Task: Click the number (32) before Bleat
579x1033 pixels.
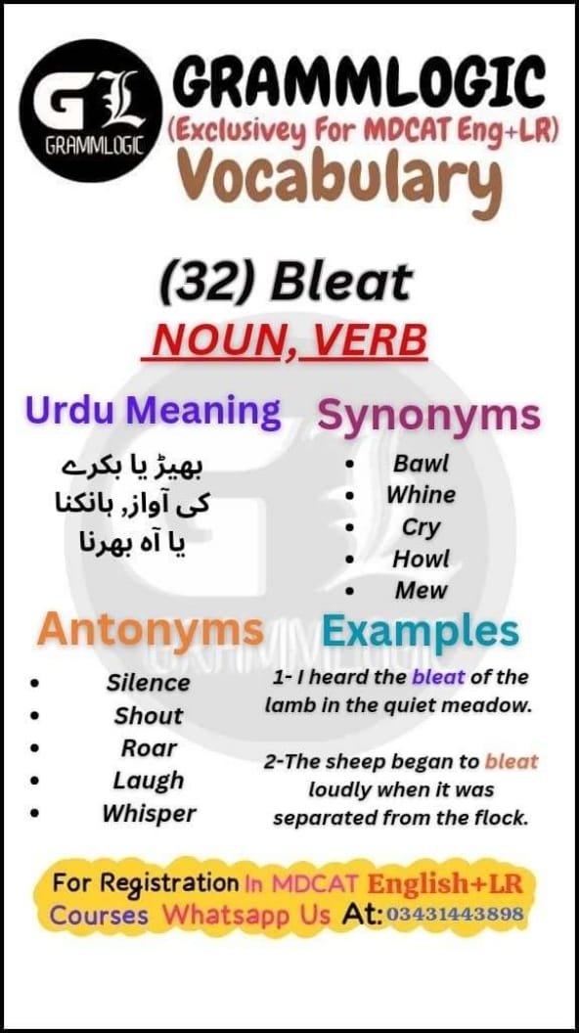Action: tap(208, 283)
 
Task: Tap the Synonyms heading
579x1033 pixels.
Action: tap(429, 415)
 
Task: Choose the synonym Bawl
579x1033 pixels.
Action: tap(421, 463)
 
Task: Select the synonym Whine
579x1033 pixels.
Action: tap(421, 495)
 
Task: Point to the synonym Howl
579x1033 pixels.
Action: tap(421, 559)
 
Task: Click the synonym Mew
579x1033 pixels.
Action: tap(421, 591)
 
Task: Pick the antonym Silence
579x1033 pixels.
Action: tap(149, 683)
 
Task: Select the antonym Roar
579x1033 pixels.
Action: tap(149, 748)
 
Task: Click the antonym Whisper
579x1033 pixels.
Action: tap(149, 813)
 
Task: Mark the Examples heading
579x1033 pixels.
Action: tap(421, 632)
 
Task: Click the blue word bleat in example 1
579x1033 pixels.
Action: tap(439, 677)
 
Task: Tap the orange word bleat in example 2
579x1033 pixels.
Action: tap(512, 761)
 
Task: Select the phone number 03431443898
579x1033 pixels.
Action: tap(456, 915)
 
